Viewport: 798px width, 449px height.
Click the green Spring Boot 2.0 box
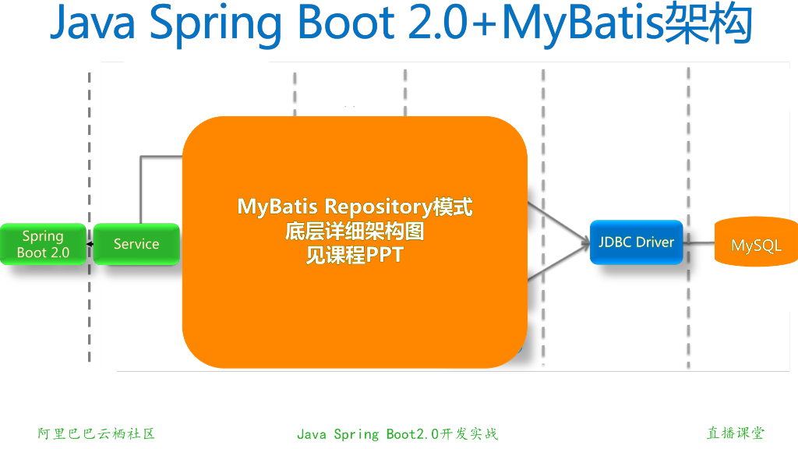tap(43, 244)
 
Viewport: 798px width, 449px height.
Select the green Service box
tap(136, 244)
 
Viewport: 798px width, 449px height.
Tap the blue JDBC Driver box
tap(636, 242)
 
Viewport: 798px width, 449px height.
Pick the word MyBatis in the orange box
tap(277, 207)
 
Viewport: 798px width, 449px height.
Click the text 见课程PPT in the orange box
tap(355, 255)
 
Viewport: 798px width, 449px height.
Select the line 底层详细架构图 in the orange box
tap(355, 232)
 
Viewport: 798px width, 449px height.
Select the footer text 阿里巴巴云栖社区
tap(97, 433)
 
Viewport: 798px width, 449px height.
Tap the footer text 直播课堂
tap(736, 433)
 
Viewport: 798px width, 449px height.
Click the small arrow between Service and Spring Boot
tap(90, 244)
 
